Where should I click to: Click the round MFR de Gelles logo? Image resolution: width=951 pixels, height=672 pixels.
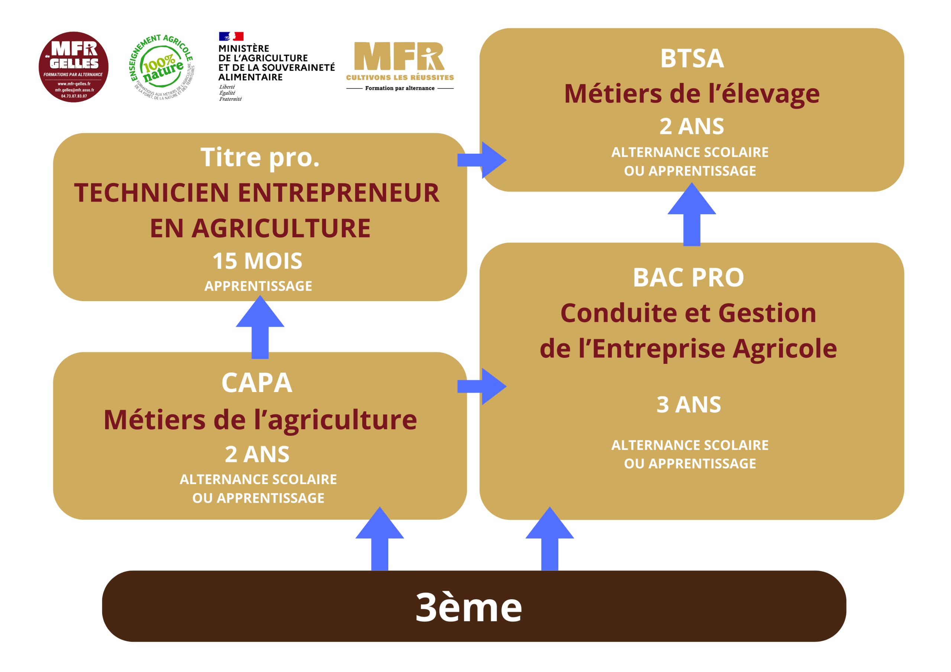click(x=73, y=67)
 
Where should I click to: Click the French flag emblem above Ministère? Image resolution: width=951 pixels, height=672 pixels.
click(x=231, y=36)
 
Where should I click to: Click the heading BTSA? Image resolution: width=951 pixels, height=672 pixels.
click(x=692, y=58)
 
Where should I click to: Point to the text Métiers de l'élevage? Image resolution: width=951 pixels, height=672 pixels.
click(x=692, y=94)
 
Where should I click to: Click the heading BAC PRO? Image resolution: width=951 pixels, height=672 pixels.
click(x=688, y=277)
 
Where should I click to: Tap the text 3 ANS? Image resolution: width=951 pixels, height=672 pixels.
click(x=688, y=405)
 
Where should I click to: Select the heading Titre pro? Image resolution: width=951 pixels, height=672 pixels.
click(x=260, y=158)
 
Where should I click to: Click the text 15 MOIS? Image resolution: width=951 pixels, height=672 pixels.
click(x=257, y=261)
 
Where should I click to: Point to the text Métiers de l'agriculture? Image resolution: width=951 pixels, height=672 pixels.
click(x=260, y=420)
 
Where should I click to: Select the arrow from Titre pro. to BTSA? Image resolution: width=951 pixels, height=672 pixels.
click(x=482, y=160)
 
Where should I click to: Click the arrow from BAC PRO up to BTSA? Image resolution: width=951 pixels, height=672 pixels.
click(x=692, y=215)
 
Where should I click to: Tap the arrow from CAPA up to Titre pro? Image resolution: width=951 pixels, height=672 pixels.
click(x=260, y=327)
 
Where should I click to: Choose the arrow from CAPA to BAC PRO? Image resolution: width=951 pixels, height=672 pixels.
click(x=482, y=386)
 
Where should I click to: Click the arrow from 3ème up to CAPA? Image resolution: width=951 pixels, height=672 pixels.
click(x=380, y=539)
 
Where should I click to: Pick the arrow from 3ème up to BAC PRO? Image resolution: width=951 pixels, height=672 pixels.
click(x=550, y=539)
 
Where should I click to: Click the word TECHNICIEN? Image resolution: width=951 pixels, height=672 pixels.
click(x=152, y=193)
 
